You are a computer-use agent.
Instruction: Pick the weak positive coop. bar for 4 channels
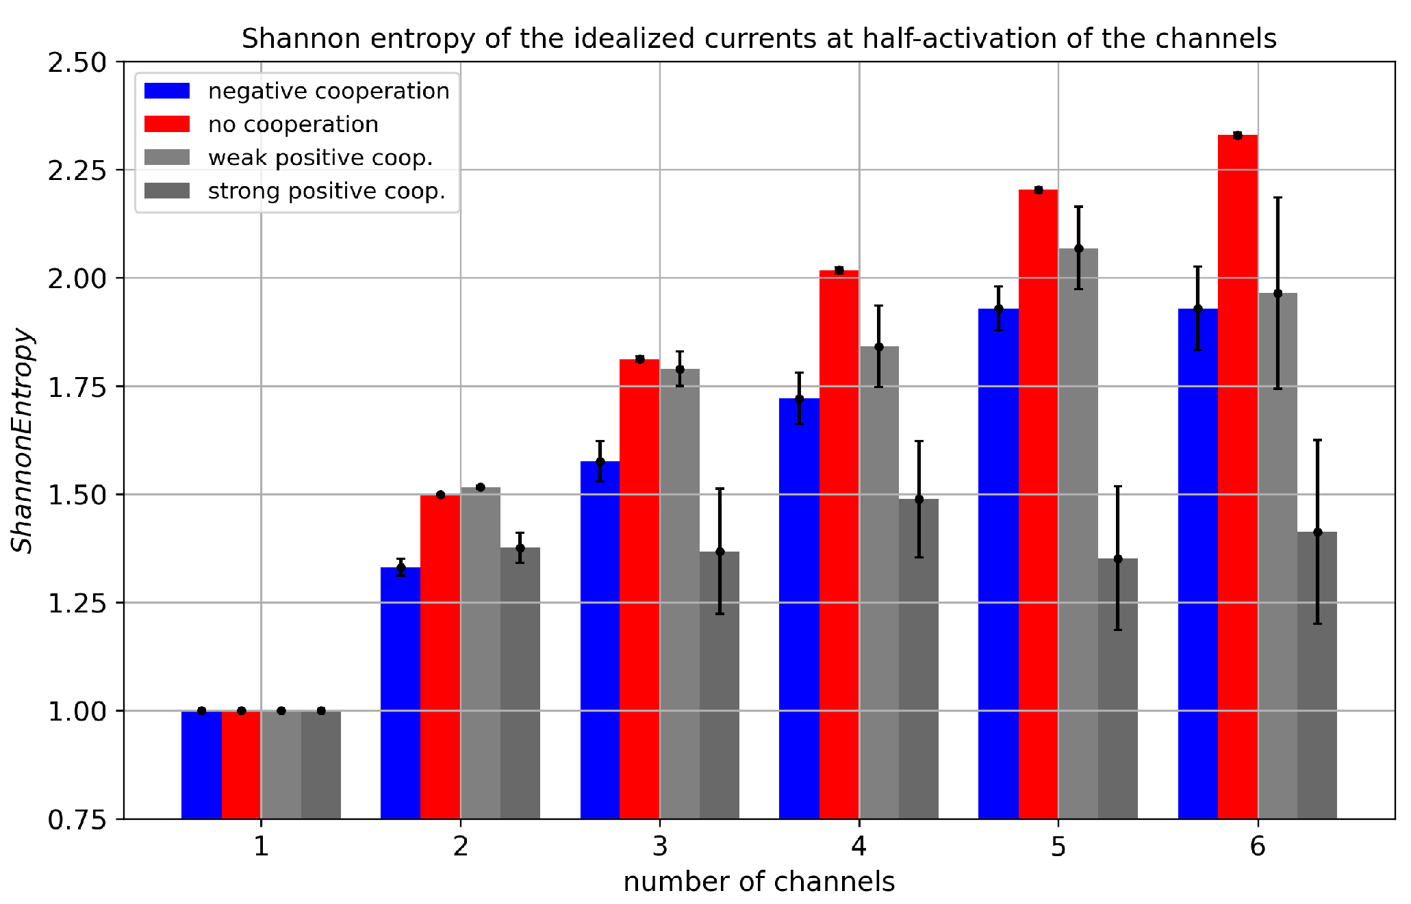click(879, 582)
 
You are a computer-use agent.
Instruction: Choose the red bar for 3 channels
click(639, 589)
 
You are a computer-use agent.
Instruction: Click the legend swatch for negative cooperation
click(167, 91)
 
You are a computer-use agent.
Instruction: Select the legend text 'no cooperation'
click(293, 125)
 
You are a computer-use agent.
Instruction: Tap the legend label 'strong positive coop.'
click(327, 191)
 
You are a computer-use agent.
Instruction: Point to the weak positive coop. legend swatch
click(167, 157)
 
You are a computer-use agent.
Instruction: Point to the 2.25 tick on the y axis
click(77, 170)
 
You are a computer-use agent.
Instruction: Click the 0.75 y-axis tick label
click(77, 819)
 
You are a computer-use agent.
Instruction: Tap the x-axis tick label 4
click(859, 847)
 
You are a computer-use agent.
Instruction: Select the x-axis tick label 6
click(1258, 847)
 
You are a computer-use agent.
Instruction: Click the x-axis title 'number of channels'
click(759, 882)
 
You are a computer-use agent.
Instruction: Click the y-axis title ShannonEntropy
click(22, 441)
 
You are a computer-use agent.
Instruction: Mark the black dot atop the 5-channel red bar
click(1039, 190)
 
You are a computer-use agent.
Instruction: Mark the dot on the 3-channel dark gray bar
click(720, 552)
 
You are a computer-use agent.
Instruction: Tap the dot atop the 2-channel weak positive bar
click(481, 487)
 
